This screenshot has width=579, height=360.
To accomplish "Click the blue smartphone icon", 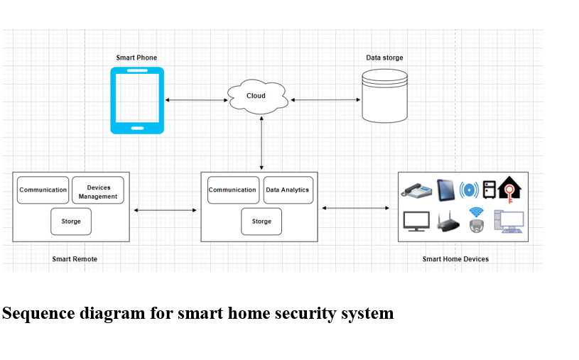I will [137, 100].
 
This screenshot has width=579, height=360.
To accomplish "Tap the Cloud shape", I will [257, 97].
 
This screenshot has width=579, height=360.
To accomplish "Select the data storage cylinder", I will [385, 96].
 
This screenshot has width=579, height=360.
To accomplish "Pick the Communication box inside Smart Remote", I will [43, 190].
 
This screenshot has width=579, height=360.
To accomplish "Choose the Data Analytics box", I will [288, 190].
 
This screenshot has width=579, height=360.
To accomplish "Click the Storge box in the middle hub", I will [261, 222].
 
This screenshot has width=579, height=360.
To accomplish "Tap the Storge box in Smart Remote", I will [71, 222].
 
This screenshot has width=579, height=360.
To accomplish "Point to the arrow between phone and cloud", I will [195, 100].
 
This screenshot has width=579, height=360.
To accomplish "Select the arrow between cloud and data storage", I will [325, 100].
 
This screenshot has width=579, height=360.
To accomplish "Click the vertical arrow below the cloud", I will [262, 142].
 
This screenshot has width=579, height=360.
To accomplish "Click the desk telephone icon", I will [416, 190].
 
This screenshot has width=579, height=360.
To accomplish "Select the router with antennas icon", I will [448, 222].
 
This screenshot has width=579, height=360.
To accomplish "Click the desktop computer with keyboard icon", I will [509, 222].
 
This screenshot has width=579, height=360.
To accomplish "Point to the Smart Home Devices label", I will [455, 259].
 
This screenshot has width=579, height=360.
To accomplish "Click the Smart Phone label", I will [136, 58].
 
